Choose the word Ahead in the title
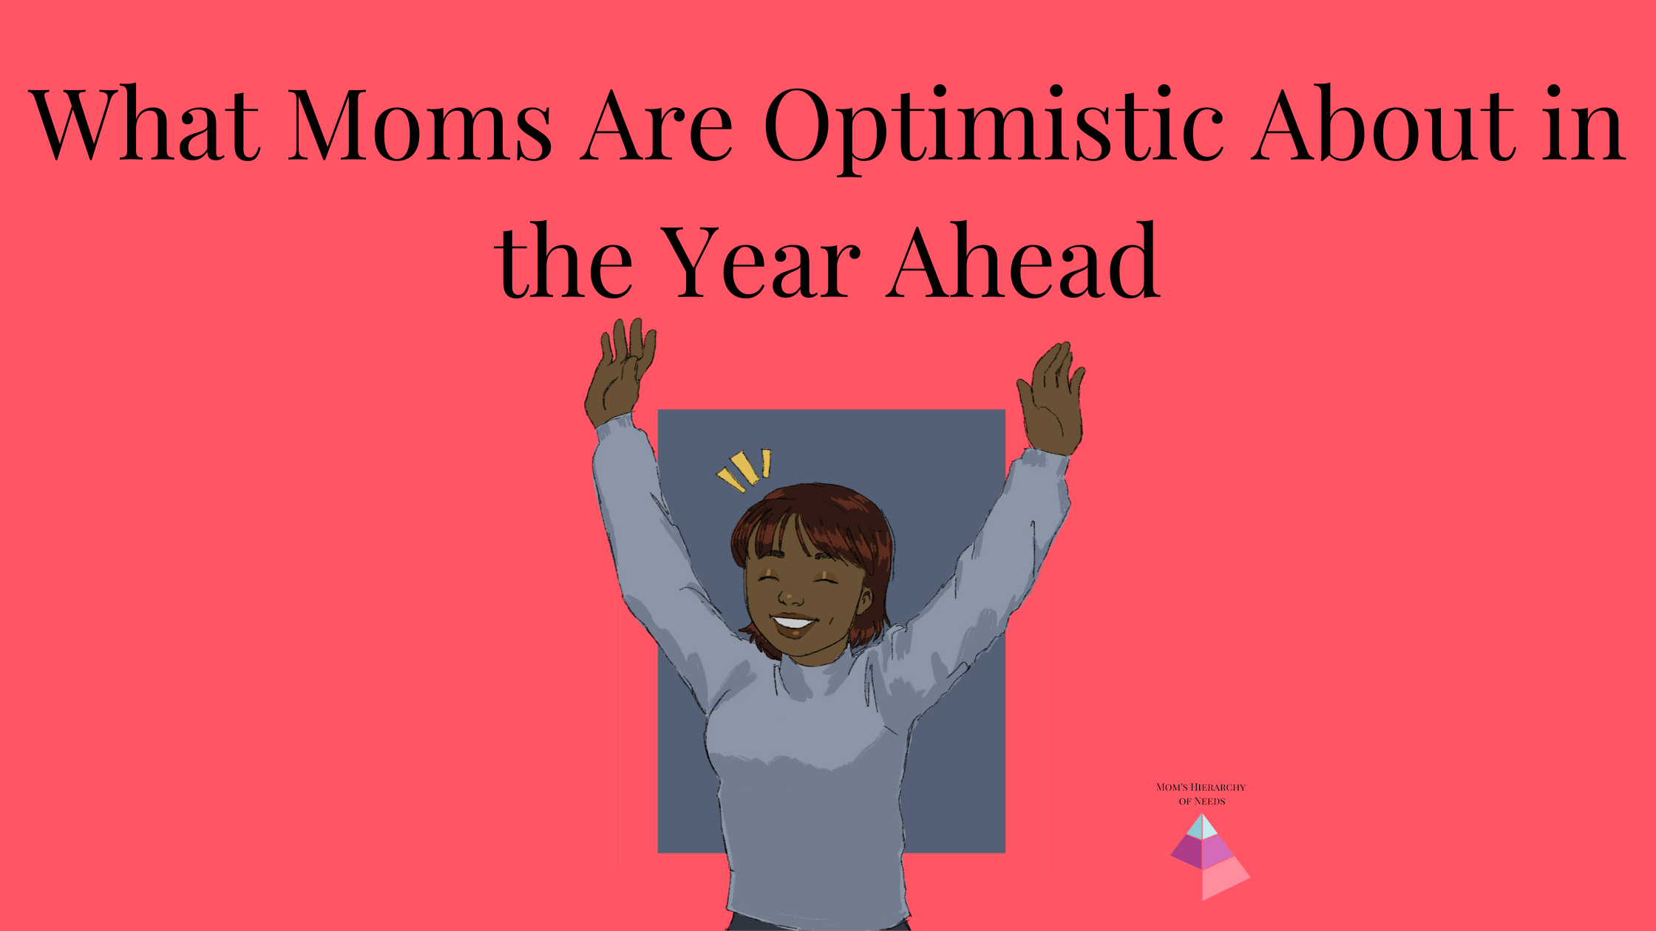click(x=1023, y=260)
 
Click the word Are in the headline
click(x=656, y=123)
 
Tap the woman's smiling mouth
click(x=794, y=623)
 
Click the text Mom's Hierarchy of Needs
click(x=1201, y=794)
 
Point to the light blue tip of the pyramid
click(x=1202, y=826)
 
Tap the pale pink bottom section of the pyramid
click(x=1224, y=879)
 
